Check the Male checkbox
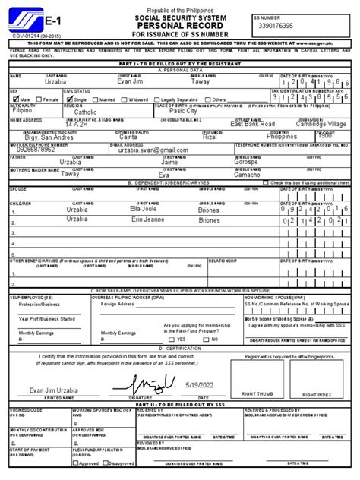[x=14, y=99]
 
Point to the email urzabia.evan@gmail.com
[x=147, y=150]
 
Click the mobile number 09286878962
[x=36, y=150]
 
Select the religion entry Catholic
[x=85, y=112]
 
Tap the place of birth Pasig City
[x=184, y=112]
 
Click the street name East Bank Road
[x=257, y=125]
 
